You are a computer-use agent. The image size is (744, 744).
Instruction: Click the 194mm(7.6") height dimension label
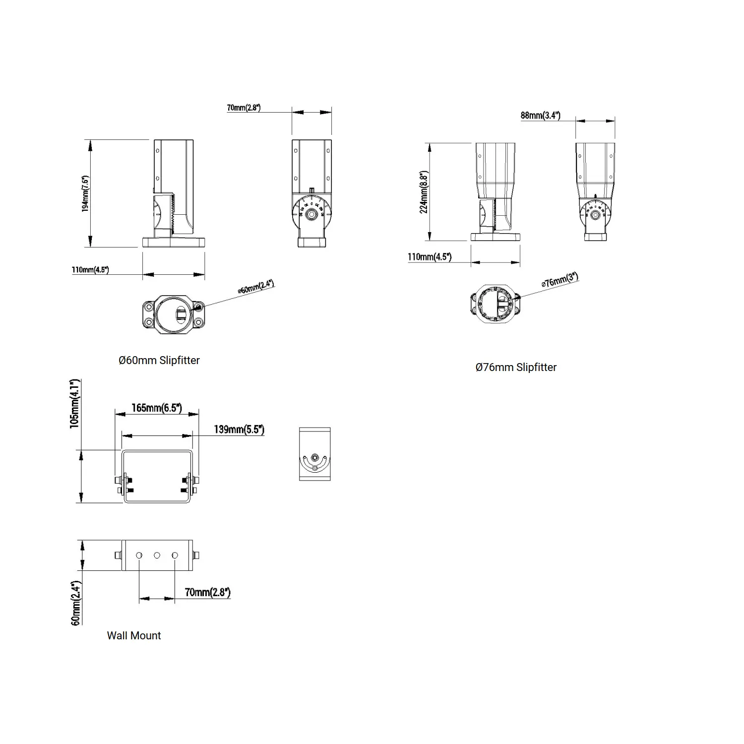pyautogui.click(x=85, y=194)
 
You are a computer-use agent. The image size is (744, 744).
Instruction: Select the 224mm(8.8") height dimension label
pyautogui.click(x=424, y=192)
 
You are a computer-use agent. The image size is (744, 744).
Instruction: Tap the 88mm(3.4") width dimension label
pyautogui.click(x=540, y=116)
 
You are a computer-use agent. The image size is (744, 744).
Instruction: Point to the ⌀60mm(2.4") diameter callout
pyautogui.click(x=256, y=287)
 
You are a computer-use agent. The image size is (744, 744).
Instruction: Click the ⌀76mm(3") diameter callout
pyautogui.click(x=560, y=280)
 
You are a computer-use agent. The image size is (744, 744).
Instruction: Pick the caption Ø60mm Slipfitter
pyautogui.click(x=159, y=361)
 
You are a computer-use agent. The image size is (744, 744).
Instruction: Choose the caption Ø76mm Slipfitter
pyautogui.click(x=516, y=368)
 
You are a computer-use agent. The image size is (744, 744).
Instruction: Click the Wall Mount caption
pyautogui.click(x=134, y=636)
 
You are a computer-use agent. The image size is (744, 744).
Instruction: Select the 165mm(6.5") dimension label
pyautogui.click(x=156, y=408)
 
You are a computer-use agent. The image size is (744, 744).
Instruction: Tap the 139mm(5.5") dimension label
pyautogui.click(x=239, y=430)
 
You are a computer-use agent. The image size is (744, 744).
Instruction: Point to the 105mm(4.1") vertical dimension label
pyautogui.click(x=74, y=404)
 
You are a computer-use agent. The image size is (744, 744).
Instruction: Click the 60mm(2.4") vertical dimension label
pyautogui.click(x=76, y=603)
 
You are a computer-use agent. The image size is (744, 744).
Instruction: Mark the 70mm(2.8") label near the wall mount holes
pyautogui.click(x=207, y=592)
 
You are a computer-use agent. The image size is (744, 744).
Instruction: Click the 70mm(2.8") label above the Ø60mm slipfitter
pyautogui.click(x=244, y=108)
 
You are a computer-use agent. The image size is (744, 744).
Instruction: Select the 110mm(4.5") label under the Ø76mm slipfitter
pyautogui.click(x=430, y=257)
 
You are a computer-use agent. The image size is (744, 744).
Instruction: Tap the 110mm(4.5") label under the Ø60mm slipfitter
pyautogui.click(x=90, y=270)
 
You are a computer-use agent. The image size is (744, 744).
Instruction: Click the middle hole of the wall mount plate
pyautogui.click(x=157, y=556)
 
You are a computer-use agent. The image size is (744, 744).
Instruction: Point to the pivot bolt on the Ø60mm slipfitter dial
pyautogui.click(x=311, y=214)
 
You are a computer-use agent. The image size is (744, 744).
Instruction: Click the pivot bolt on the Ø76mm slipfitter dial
pyautogui.click(x=595, y=214)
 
